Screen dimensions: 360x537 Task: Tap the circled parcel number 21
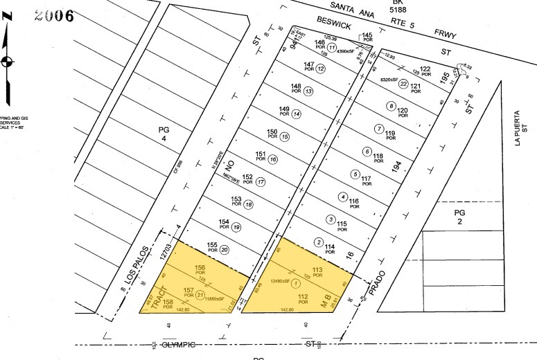pos(200,294)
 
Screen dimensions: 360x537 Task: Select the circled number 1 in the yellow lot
pos(297,282)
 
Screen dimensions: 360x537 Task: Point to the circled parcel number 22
pos(403,83)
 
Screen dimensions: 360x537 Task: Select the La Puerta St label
pos(519,120)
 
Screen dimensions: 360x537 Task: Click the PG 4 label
pos(164,134)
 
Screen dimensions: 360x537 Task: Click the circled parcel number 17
pos(261,182)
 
